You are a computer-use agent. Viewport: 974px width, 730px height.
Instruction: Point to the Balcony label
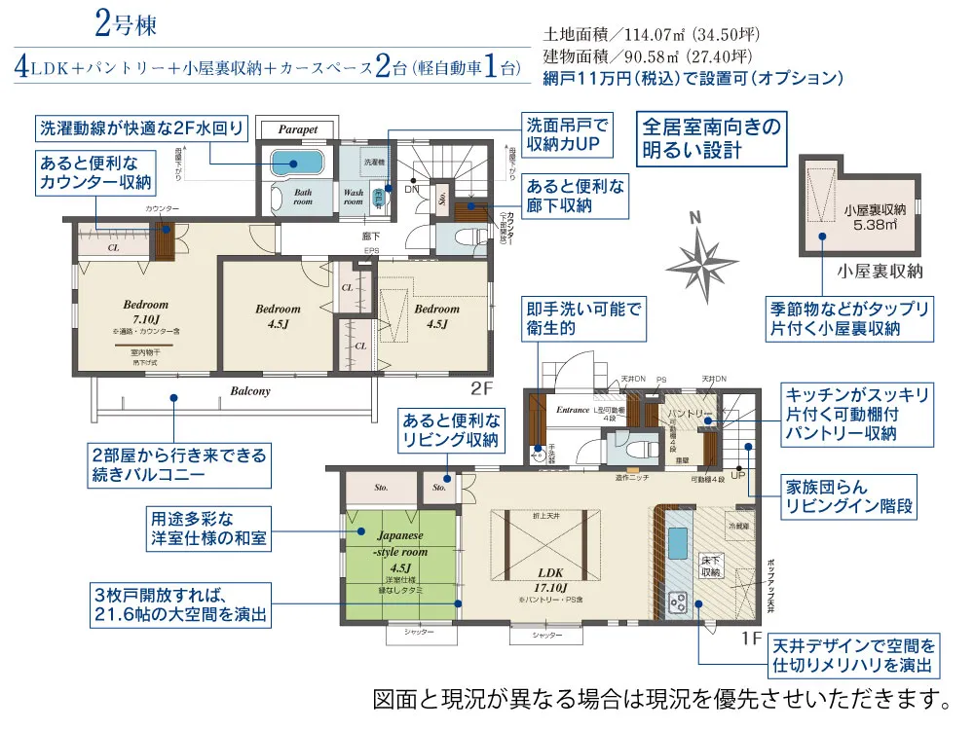[x=250, y=391]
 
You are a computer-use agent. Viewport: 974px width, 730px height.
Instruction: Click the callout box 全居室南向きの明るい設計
[x=711, y=138]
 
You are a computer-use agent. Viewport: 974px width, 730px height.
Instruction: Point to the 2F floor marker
[x=484, y=388]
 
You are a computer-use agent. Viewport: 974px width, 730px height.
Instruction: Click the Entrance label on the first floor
[x=574, y=411]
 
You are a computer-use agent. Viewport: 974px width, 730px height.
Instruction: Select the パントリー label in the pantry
[x=689, y=414]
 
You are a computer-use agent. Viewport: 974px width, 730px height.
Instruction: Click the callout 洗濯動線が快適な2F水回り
[x=141, y=128]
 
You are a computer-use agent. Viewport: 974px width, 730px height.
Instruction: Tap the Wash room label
[x=353, y=197]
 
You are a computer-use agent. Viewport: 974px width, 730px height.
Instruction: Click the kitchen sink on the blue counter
[x=677, y=539]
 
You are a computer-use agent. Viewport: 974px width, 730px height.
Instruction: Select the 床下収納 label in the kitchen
[x=710, y=566]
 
